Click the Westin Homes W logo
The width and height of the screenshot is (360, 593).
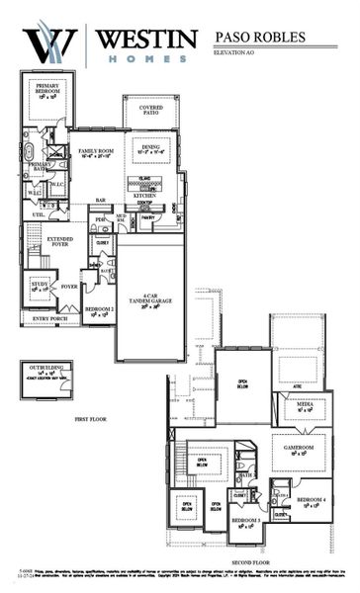point(45,43)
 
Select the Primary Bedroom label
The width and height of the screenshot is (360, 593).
point(47,90)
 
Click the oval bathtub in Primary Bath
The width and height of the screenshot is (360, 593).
point(29,153)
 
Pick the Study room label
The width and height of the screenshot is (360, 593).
point(40,287)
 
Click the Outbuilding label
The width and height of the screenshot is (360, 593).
point(45,373)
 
